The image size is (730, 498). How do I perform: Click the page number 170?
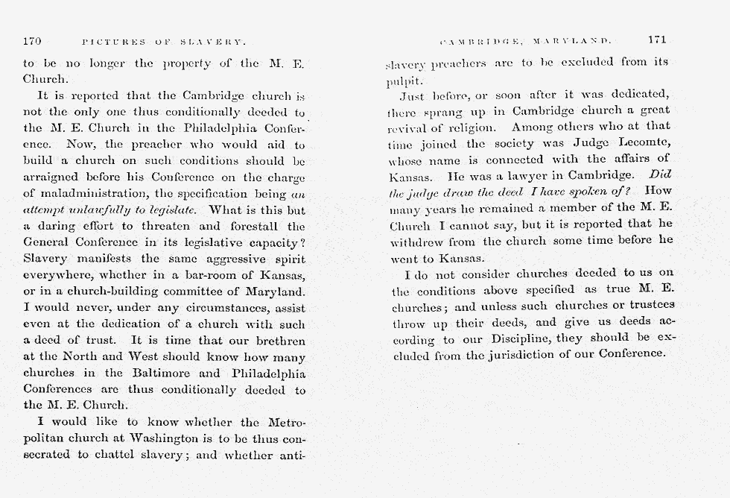[32, 40]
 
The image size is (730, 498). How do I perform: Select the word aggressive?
[214, 258]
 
